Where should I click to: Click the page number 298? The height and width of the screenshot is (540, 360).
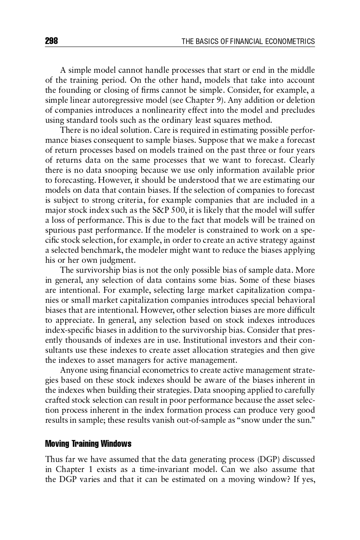(x=52, y=41)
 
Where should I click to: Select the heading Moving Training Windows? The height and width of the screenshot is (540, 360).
(x=88, y=444)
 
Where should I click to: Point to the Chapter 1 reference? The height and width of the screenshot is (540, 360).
(x=70, y=469)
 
